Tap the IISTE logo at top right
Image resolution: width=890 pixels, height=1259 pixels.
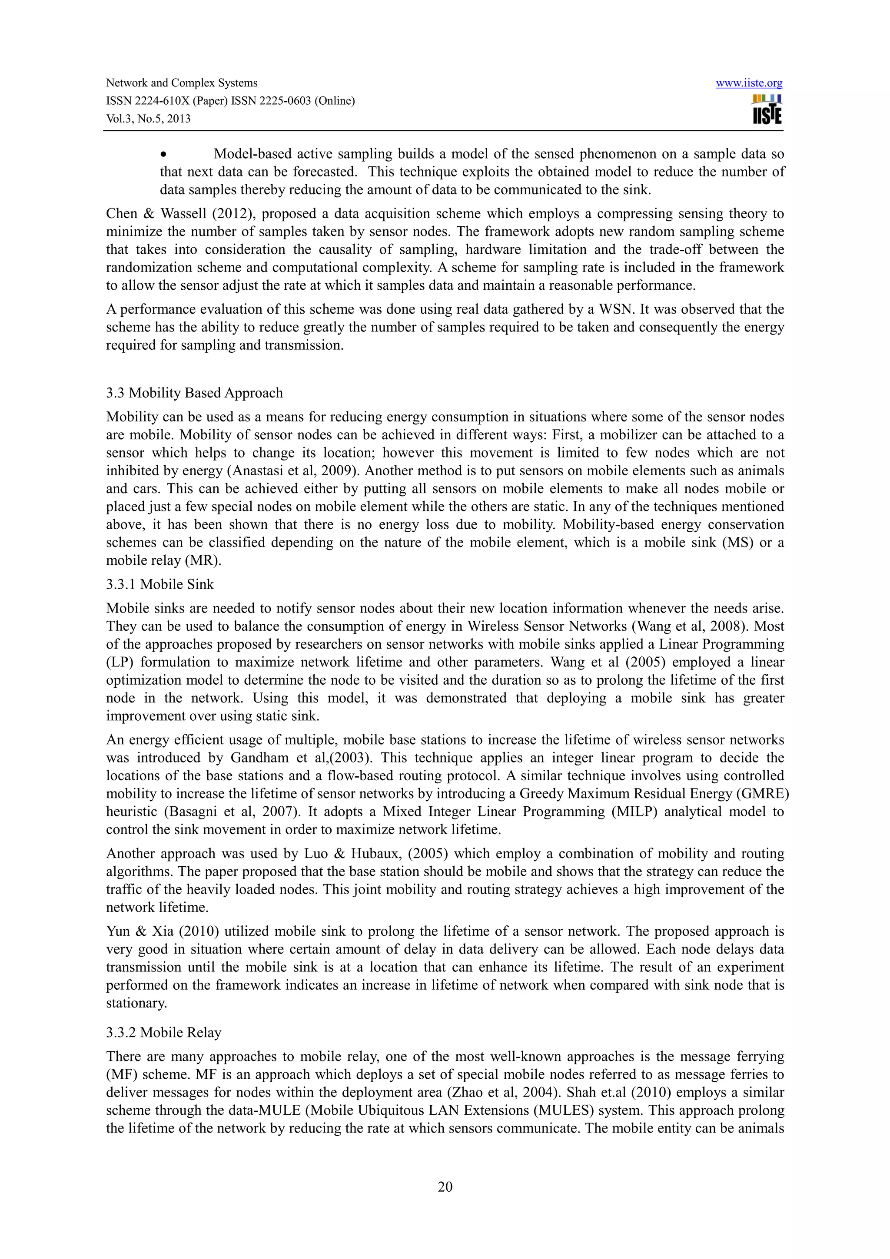[x=767, y=109]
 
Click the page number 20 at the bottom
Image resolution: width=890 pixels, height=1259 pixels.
[x=445, y=1186]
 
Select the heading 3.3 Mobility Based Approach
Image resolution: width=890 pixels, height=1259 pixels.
[x=194, y=393]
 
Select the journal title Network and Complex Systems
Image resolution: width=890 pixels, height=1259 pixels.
[x=182, y=83]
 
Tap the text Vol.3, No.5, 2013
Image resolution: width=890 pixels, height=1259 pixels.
[x=148, y=119]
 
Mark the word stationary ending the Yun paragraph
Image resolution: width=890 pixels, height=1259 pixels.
[x=136, y=1003]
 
